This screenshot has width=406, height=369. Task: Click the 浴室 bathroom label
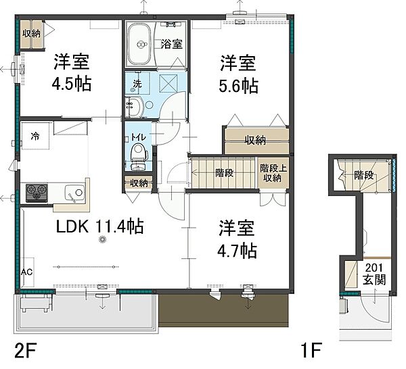(171, 45)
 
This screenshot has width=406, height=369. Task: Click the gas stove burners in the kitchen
(35, 192)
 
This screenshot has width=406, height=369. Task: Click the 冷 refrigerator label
(35, 135)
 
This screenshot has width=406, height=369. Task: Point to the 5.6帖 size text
(237, 87)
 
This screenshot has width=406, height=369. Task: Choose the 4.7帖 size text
(236, 251)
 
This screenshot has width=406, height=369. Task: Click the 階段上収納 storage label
(272, 173)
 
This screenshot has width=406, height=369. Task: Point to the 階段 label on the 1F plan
(363, 176)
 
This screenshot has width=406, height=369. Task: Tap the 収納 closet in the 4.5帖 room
(31, 33)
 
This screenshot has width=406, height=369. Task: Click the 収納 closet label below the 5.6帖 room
(255, 141)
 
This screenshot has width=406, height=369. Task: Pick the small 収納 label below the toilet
(139, 182)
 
